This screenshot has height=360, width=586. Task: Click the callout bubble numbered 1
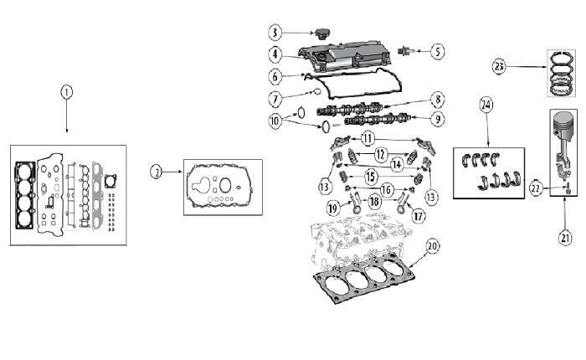click(66, 92)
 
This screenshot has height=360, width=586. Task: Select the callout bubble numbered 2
click(157, 172)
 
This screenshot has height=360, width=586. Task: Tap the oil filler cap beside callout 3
click(321, 34)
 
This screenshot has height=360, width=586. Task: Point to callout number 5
click(438, 51)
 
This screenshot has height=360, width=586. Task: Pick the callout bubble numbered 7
click(275, 100)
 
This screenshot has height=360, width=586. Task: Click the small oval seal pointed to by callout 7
click(317, 91)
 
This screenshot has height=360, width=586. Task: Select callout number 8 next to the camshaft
click(438, 100)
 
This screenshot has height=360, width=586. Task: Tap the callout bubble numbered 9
click(438, 119)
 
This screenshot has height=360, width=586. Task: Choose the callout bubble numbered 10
click(275, 121)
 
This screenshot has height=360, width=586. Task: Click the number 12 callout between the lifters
click(380, 154)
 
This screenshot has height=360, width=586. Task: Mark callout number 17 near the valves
click(419, 216)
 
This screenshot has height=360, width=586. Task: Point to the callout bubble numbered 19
click(333, 208)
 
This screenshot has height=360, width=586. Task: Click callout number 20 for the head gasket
click(433, 246)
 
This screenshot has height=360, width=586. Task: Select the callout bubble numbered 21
click(565, 238)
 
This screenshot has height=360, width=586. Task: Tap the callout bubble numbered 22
click(536, 188)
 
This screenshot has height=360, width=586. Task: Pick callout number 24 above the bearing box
click(486, 105)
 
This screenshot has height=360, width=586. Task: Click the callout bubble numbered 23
click(499, 67)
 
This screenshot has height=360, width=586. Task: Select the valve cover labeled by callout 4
click(345, 56)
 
